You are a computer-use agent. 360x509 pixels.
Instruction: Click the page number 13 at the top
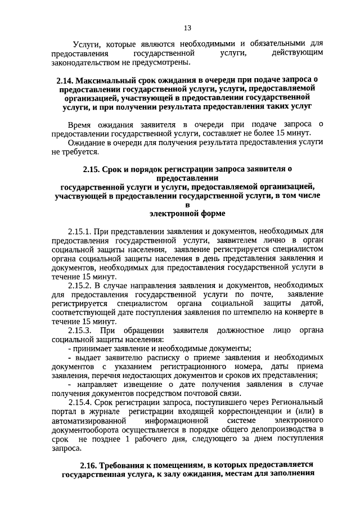pyautogui.click(x=188, y=29)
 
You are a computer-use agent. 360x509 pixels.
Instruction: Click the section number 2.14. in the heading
pyautogui.click(x=65, y=80)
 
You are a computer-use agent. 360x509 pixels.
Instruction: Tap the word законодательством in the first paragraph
pyautogui.click(x=85, y=61)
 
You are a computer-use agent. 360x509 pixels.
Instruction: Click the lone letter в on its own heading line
pyautogui.click(x=188, y=204)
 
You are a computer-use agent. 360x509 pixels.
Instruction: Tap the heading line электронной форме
pyautogui.click(x=187, y=213)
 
